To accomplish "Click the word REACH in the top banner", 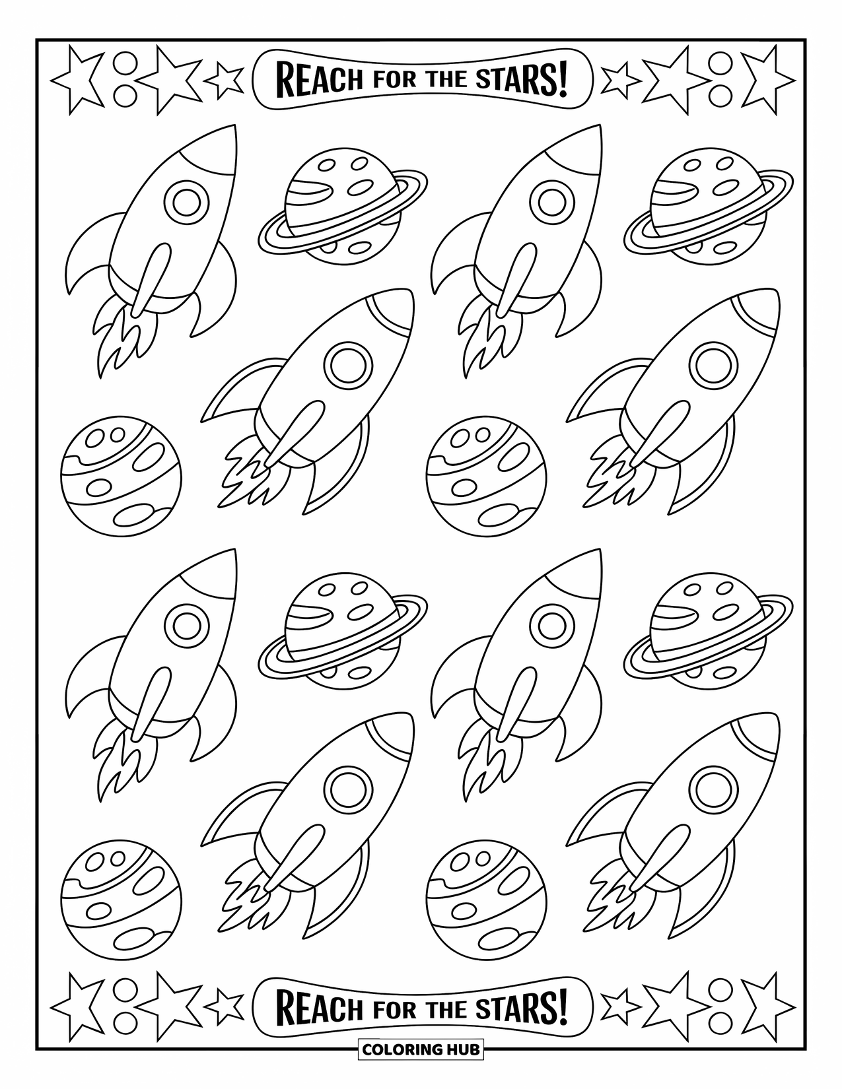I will click(x=319, y=79).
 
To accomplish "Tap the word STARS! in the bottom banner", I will click(x=522, y=1008).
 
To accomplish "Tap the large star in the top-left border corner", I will click(x=78, y=79).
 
